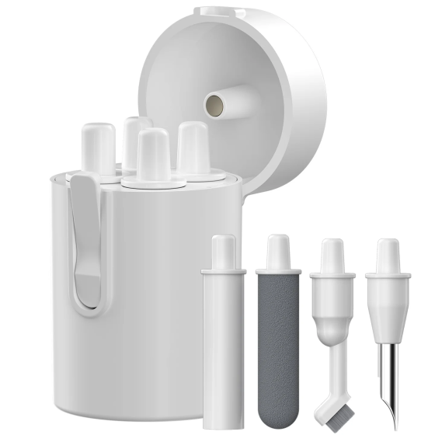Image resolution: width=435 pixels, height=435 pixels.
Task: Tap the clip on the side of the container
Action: (86, 241)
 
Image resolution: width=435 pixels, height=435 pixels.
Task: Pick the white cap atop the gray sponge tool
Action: (277, 253)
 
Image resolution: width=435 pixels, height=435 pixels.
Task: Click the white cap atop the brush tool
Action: (332, 255)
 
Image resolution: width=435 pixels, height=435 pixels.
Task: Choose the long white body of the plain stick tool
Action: (222, 350)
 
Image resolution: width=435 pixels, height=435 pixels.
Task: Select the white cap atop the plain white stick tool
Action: (223, 252)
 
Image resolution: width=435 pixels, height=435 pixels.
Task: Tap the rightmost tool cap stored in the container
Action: (192, 147)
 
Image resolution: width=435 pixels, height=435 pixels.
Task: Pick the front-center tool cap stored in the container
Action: (154, 155)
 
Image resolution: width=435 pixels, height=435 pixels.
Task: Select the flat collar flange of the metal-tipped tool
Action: (388, 273)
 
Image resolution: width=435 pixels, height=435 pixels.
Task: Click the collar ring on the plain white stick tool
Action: (223, 272)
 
